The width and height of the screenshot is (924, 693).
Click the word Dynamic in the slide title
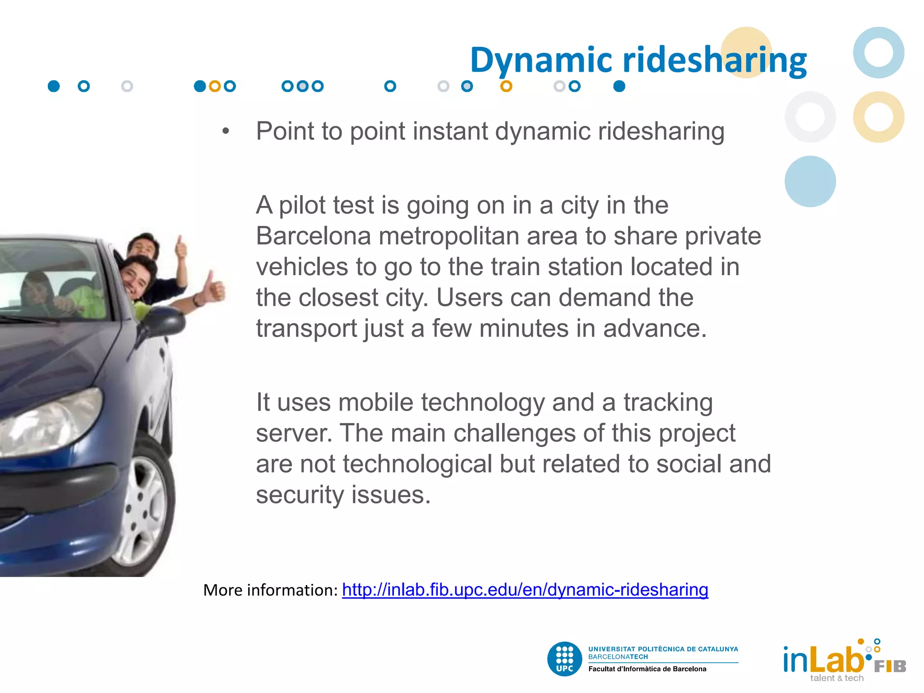click(541, 60)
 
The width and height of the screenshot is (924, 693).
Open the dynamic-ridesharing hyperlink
click(525, 590)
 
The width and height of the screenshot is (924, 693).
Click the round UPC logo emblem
click(564, 659)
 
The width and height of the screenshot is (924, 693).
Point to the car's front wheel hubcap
click(143, 510)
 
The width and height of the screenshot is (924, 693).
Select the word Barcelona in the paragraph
click(313, 236)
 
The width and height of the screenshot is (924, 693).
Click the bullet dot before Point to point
click(226, 131)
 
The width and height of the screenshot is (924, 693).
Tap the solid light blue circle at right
click(810, 181)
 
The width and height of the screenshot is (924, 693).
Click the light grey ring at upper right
click(810, 117)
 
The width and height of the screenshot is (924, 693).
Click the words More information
click(270, 590)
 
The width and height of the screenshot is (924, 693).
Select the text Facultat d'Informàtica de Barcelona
click(647, 669)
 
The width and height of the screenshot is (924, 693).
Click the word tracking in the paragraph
click(668, 402)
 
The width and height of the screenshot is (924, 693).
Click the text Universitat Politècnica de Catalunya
click(663, 649)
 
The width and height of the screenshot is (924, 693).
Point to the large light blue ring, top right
click(878, 52)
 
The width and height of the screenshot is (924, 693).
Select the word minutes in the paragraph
click(523, 328)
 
